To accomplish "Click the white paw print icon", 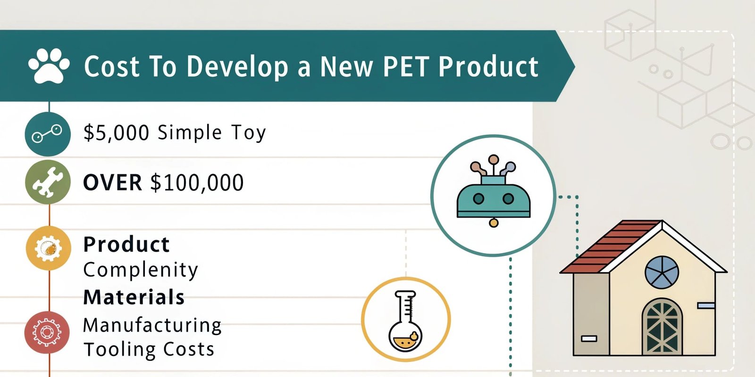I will click(49, 66).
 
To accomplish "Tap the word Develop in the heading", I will click(237, 67).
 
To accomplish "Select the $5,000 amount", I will click(116, 133).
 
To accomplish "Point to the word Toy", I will click(249, 133).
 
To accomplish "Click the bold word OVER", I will click(112, 183).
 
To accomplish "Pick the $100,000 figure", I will click(197, 183).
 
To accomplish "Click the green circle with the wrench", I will click(48, 182).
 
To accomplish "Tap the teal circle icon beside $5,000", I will click(48, 134).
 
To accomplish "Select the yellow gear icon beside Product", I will click(48, 248).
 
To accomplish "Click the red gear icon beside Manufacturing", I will click(47, 332).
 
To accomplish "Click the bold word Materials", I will click(134, 297).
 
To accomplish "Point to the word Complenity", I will click(141, 270).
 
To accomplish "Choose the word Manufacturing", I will click(152, 325).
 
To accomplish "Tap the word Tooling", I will click(113, 349).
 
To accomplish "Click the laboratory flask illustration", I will click(406, 320).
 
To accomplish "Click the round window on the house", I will click(662, 272).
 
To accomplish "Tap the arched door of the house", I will click(662, 328).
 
